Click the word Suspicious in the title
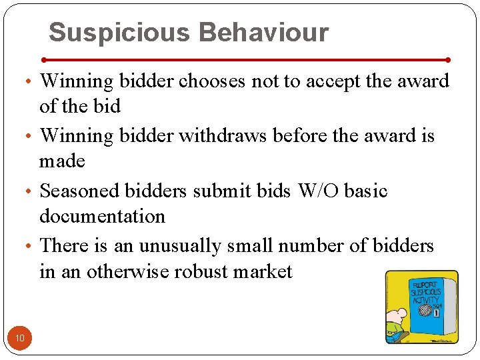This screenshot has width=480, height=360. point(119,32)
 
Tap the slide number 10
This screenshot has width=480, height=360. point(20,339)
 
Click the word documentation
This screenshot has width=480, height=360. point(102,216)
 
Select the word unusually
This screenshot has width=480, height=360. point(179,246)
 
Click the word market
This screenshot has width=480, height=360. point(266,271)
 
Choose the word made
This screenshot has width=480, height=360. point(62,161)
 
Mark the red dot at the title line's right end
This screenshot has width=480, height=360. point(448,59)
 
